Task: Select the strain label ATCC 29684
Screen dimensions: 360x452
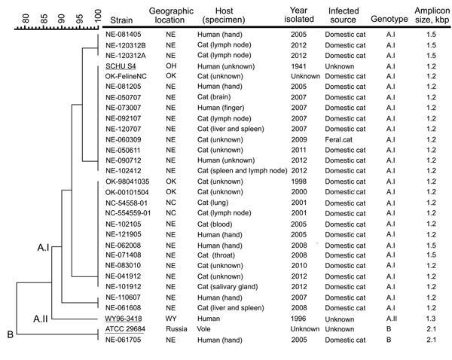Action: [124, 329]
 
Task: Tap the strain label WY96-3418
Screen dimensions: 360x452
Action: [124, 319]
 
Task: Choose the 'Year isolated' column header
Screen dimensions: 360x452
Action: [304, 13]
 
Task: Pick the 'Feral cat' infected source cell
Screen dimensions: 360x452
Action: [343, 118]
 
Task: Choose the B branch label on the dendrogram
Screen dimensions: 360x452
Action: [9, 335]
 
